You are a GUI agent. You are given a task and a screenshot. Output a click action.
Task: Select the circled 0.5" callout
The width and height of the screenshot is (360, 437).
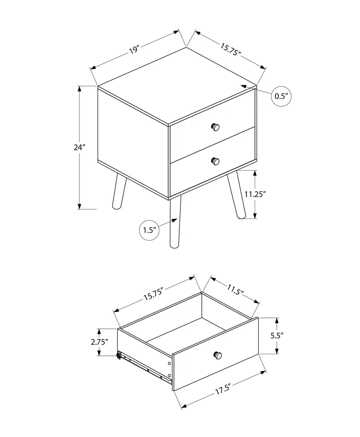pyautogui.click(x=281, y=97)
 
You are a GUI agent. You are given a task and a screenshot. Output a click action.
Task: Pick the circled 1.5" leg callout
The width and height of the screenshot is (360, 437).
pyautogui.click(x=149, y=230)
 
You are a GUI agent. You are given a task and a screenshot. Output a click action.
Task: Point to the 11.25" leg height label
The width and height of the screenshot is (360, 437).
pyautogui.click(x=255, y=194)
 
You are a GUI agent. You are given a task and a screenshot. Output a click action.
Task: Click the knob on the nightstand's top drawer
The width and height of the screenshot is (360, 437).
pyautogui.click(x=215, y=127)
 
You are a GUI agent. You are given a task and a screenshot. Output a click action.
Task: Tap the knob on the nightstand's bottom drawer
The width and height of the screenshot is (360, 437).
pyautogui.click(x=215, y=161)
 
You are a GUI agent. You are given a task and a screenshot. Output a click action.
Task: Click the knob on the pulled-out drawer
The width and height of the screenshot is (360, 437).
pyautogui.click(x=218, y=355)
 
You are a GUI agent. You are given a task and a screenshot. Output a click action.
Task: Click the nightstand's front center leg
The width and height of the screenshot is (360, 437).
pyautogui.click(x=175, y=223)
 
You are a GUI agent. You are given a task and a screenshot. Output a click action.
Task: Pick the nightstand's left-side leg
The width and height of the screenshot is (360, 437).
pyautogui.click(x=119, y=192)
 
